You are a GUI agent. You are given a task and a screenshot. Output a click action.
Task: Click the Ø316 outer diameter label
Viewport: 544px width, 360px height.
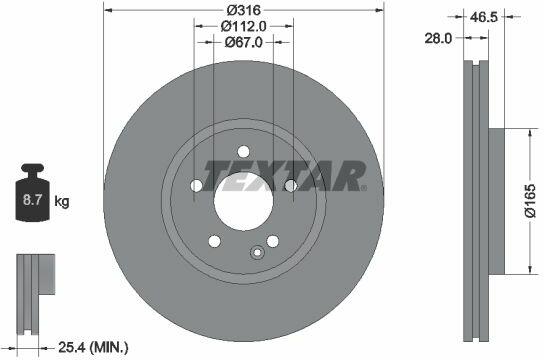point(244,10)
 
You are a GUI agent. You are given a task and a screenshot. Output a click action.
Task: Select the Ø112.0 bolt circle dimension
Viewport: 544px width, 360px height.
point(244,26)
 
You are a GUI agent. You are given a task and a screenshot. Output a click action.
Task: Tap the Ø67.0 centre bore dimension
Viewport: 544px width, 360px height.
point(244,42)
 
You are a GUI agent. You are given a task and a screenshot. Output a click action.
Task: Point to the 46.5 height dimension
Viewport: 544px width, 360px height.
point(484,17)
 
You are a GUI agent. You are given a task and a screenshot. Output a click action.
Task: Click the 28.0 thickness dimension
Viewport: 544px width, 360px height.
point(439,38)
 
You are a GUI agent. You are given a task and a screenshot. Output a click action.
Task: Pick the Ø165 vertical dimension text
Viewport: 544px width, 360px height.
point(530,200)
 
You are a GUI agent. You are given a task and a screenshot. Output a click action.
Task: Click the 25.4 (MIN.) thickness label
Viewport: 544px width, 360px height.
point(93,347)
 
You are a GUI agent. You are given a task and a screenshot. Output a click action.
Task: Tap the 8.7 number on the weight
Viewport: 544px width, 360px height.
point(32,200)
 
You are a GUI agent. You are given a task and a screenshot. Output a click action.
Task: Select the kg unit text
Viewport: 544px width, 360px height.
point(62,201)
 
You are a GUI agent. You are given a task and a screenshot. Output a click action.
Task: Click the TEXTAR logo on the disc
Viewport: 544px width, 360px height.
point(284,176)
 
